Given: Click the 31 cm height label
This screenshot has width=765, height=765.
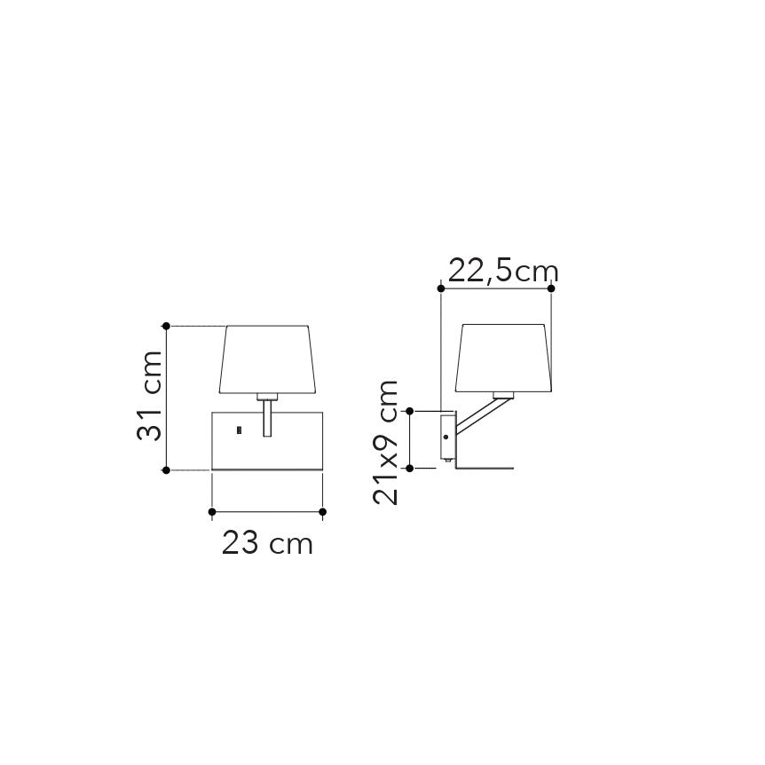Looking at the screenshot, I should pyautogui.click(x=149, y=396).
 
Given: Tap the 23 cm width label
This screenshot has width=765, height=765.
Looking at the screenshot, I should pyautogui.click(x=267, y=543).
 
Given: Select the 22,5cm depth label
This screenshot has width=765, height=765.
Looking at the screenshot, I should pyautogui.click(x=502, y=270).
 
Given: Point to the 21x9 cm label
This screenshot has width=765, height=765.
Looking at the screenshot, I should pyautogui.click(x=386, y=441).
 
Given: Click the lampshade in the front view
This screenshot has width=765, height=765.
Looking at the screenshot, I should pyautogui.click(x=268, y=359).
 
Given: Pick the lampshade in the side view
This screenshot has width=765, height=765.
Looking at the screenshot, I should pyautogui.click(x=503, y=358).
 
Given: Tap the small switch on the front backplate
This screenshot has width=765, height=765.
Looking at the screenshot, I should pyautogui.click(x=239, y=431).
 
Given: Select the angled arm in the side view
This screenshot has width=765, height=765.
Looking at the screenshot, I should pyautogui.click(x=479, y=418).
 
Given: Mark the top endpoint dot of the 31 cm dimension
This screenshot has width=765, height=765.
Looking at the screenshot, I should pyautogui.click(x=166, y=326).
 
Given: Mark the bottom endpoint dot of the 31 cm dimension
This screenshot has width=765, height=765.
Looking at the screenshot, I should pyautogui.click(x=166, y=470).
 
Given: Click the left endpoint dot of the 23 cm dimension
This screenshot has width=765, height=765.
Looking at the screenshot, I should pyautogui.click(x=212, y=511).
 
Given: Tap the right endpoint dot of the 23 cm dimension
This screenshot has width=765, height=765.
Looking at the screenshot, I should pyautogui.click(x=323, y=511).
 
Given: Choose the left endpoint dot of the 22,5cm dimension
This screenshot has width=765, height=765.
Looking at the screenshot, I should pyautogui.click(x=441, y=288).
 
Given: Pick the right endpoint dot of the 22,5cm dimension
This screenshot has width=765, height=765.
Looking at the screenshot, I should pyautogui.click(x=552, y=288).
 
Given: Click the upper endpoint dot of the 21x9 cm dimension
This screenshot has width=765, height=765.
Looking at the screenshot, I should pyautogui.click(x=410, y=410).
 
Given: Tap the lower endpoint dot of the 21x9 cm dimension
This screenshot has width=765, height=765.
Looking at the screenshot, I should pyautogui.click(x=410, y=467).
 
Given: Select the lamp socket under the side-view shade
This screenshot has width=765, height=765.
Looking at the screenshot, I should pyautogui.click(x=502, y=396).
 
